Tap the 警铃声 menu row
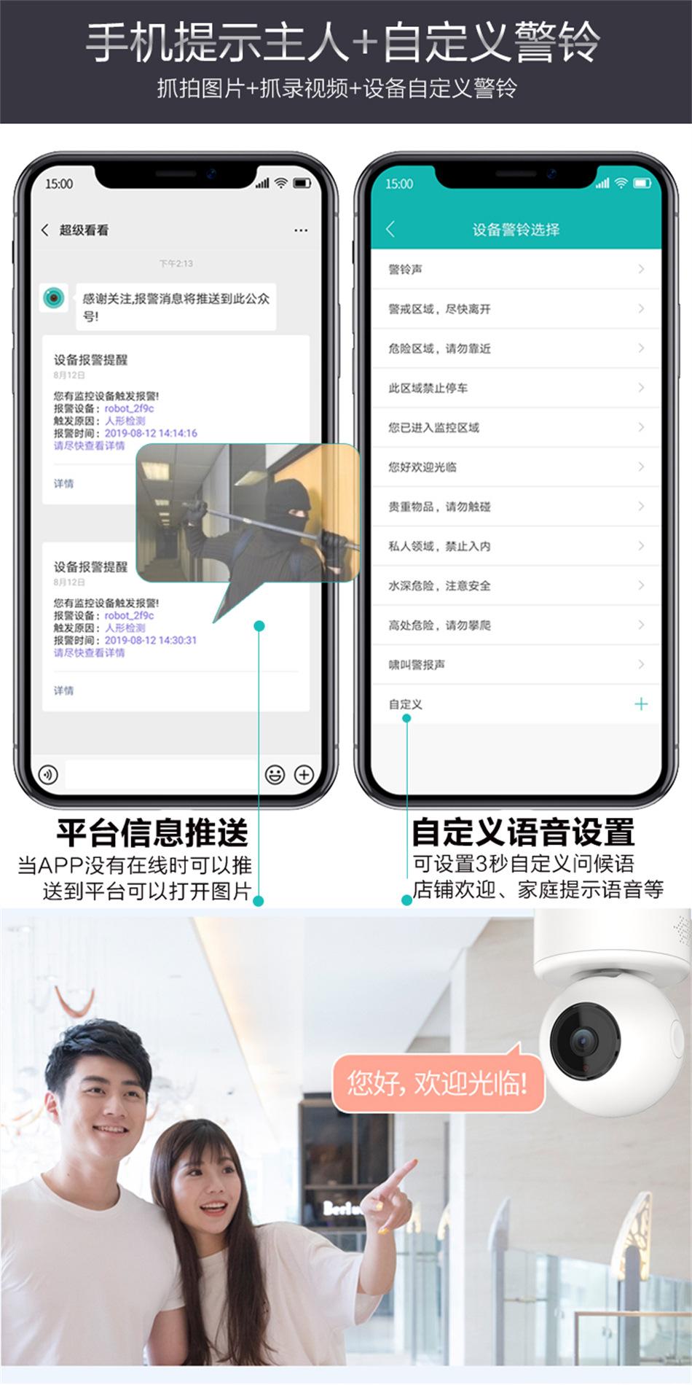(515, 270)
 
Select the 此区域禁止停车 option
(515, 388)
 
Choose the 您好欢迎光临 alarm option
(515, 467)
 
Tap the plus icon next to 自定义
(641, 704)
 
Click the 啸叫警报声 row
(515, 665)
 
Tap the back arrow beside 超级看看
(45, 230)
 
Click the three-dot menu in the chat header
(301, 230)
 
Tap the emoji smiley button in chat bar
(275, 774)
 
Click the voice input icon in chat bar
(48, 774)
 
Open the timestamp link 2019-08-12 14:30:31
(151, 640)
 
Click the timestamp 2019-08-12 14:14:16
(151, 433)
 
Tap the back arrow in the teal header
(390, 230)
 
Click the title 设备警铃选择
(516, 230)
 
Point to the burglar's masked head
(287, 504)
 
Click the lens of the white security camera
(583, 1041)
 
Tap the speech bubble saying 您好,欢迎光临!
(437, 1083)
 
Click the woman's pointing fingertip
(412, 1162)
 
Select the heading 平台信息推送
(152, 832)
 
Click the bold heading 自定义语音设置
(523, 832)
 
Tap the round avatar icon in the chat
(53, 297)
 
